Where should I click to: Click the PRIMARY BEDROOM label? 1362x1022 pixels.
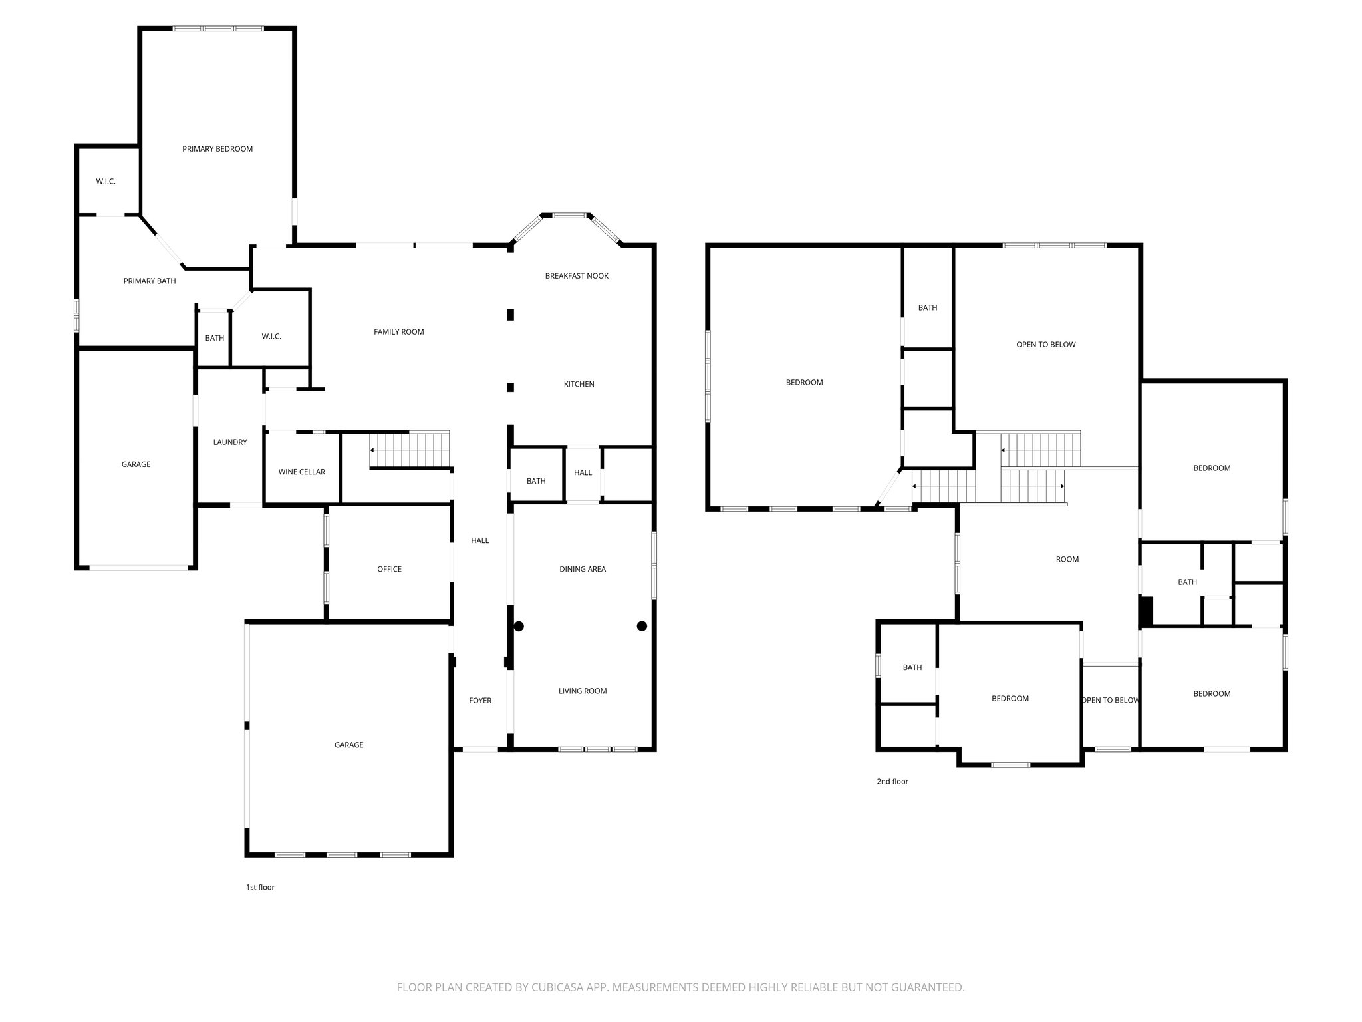[217, 149]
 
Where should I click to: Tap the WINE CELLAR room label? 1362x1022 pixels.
[301, 472]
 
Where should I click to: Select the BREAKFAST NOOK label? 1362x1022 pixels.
[577, 276]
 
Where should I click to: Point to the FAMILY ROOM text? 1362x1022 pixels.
[398, 332]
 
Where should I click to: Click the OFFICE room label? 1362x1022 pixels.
[389, 569]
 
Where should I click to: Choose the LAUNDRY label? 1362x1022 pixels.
[230, 442]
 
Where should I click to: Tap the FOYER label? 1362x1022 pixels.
[480, 701]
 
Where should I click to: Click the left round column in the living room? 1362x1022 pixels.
[519, 626]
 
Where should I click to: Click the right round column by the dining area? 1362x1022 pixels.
[642, 626]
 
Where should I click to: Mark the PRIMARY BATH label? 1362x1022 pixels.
[150, 281]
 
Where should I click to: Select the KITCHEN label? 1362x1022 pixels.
[579, 384]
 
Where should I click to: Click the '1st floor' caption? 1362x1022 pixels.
[260, 887]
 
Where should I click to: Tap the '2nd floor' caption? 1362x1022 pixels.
[892, 782]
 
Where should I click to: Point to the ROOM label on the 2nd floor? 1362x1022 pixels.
[1067, 559]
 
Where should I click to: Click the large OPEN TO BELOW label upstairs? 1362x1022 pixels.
[1045, 345]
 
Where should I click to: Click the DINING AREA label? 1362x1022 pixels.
[583, 569]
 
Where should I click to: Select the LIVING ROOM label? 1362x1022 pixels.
[583, 691]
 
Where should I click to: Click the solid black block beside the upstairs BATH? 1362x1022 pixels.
[1146, 611]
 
